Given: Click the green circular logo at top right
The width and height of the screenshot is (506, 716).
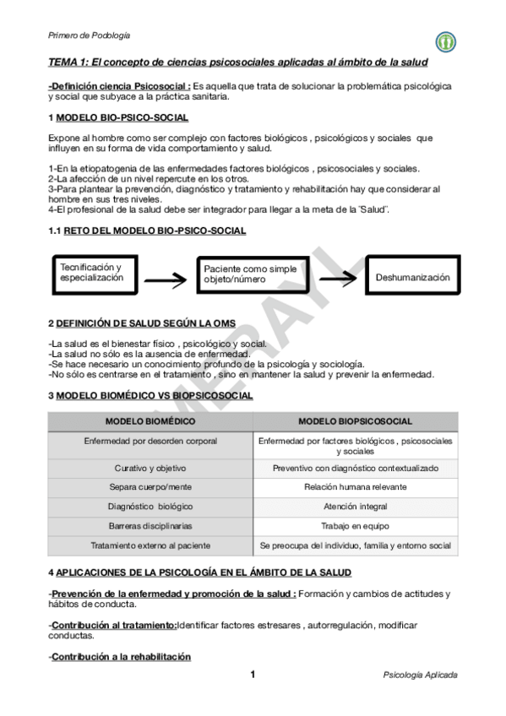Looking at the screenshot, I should click(445, 41).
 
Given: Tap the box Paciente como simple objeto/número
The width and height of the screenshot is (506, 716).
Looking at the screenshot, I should click(251, 274).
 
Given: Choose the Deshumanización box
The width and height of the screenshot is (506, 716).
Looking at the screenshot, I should click(411, 276).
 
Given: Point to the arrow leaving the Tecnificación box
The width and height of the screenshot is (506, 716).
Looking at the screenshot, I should click(166, 278).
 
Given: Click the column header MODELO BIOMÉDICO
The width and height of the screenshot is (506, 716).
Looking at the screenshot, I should click(150, 420).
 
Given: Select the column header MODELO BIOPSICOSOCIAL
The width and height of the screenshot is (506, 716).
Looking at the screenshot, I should click(356, 420).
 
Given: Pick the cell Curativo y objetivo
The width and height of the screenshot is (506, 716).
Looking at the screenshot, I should click(150, 467).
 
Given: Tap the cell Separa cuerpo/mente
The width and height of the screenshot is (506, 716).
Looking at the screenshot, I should click(150, 486).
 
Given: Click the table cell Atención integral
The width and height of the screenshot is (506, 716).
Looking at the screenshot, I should click(356, 506).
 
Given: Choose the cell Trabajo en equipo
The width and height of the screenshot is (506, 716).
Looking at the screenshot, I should click(356, 525).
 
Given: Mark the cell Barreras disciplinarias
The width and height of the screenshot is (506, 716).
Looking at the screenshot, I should click(150, 525).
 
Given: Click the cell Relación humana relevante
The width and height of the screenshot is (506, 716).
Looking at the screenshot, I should click(356, 486).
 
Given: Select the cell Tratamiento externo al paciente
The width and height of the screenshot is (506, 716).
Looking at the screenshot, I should click(150, 545).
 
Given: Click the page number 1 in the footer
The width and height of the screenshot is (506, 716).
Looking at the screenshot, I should click(253, 675).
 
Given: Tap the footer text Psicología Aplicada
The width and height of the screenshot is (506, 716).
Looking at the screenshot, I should click(420, 675).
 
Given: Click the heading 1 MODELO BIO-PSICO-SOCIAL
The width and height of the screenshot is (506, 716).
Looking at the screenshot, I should click(118, 117).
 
